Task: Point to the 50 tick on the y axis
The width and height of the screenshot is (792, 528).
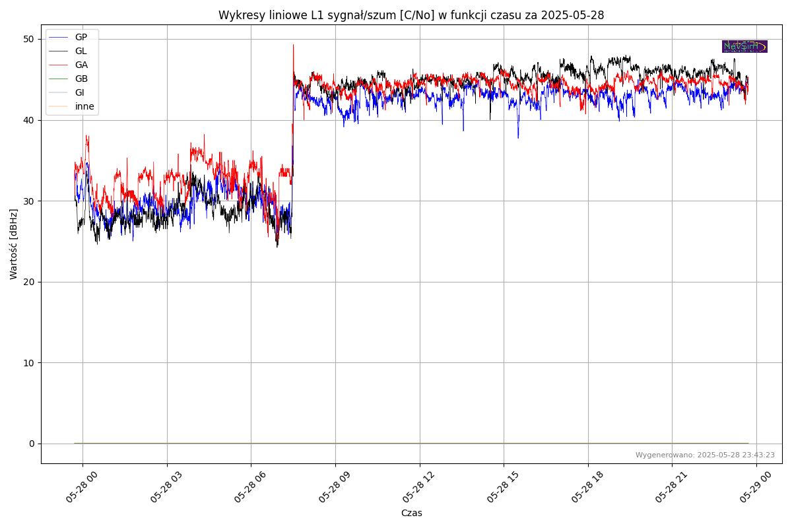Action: click(x=30, y=39)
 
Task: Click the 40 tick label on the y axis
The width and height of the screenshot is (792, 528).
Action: click(x=30, y=120)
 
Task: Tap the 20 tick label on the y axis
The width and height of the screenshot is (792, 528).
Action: click(x=30, y=282)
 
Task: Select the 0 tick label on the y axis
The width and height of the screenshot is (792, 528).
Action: click(x=32, y=444)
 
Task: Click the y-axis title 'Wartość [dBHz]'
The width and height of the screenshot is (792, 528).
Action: click(x=14, y=244)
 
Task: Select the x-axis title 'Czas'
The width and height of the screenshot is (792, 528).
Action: click(x=411, y=513)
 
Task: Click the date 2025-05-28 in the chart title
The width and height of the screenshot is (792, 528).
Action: click(x=572, y=15)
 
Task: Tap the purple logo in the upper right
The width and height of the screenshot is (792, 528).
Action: click(x=744, y=46)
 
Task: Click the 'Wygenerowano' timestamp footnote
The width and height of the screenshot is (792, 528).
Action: click(x=705, y=455)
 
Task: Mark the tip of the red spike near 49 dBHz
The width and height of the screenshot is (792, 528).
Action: click(x=294, y=45)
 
